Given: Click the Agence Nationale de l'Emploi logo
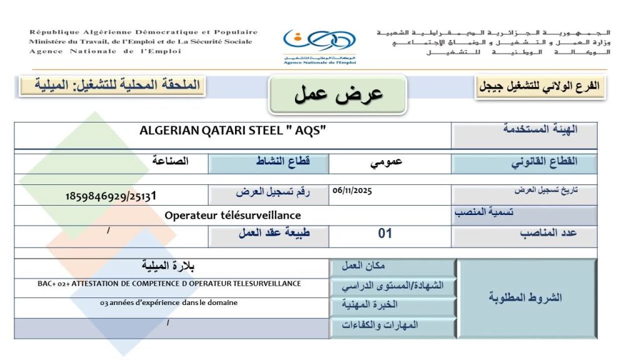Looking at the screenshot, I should [x=319, y=45].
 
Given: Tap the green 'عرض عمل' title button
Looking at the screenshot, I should [x=338, y=94].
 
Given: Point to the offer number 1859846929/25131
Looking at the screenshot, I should [x=111, y=196].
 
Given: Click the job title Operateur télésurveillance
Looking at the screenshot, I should [x=232, y=216].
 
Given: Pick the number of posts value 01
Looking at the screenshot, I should [x=385, y=234].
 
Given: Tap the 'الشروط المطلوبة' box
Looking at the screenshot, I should [x=526, y=298].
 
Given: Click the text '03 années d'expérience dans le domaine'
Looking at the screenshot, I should [x=169, y=303].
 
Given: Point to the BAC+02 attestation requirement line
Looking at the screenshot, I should [x=169, y=284].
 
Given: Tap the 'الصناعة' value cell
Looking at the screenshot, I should [x=170, y=161].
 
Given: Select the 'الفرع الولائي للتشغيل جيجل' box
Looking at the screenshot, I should [x=540, y=87].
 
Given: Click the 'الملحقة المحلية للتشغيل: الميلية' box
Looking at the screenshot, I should [x=110, y=85].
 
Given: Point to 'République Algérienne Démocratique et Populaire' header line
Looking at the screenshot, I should [x=143, y=32].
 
